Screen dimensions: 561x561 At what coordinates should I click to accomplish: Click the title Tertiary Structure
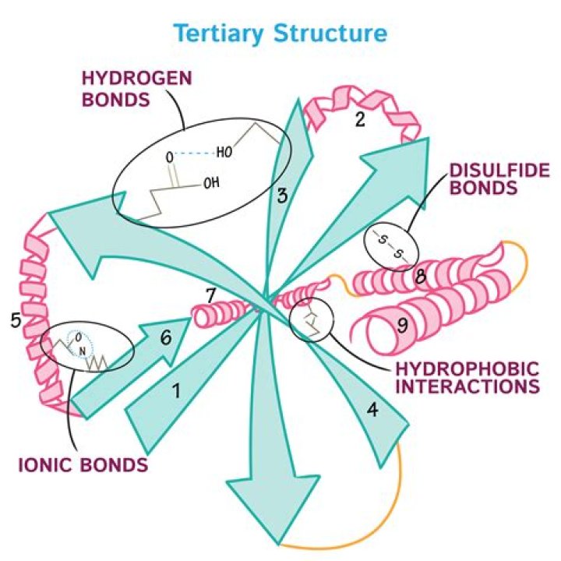(280, 34)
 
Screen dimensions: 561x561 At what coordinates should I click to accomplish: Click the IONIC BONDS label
(83, 465)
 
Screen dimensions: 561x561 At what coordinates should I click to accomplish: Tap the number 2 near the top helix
(360, 119)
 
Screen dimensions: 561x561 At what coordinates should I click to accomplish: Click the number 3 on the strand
(282, 195)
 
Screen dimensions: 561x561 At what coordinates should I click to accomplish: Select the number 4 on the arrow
(373, 408)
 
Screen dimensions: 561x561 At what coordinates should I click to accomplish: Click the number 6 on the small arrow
(164, 337)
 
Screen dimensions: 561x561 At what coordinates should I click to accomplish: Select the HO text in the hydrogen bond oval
(224, 152)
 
